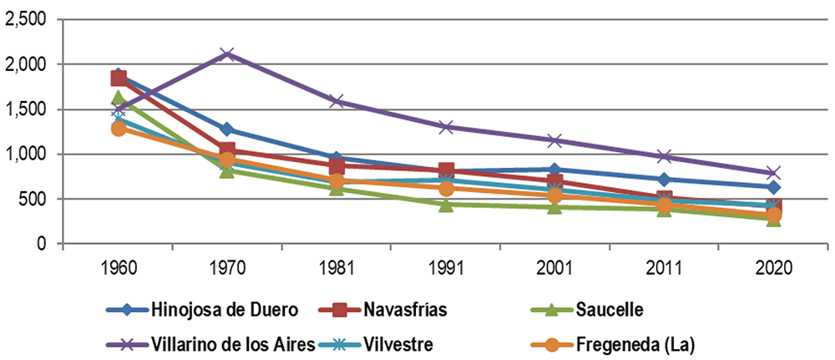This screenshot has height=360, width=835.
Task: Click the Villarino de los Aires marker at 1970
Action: pyautogui.click(x=227, y=53)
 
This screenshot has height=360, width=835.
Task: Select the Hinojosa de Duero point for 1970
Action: pyautogui.click(x=227, y=129)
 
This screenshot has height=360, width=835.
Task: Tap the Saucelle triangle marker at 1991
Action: pyautogui.click(x=446, y=205)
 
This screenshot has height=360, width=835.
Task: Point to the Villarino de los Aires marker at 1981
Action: pyautogui.click(x=337, y=101)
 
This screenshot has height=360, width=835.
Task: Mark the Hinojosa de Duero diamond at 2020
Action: pyautogui.click(x=773, y=187)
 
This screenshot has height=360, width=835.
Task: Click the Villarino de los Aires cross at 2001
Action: pyautogui.click(x=555, y=140)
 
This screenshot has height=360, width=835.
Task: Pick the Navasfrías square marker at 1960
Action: pyautogui.click(x=119, y=79)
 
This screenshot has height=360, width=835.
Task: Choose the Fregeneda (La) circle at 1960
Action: pyautogui.click(x=119, y=129)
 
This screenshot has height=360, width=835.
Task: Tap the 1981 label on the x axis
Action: pyautogui.click(x=337, y=266)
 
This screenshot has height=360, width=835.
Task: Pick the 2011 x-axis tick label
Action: pyautogui.click(x=664, y=266)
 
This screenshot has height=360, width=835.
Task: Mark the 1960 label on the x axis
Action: pyautogui.click(x=119, y=266)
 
